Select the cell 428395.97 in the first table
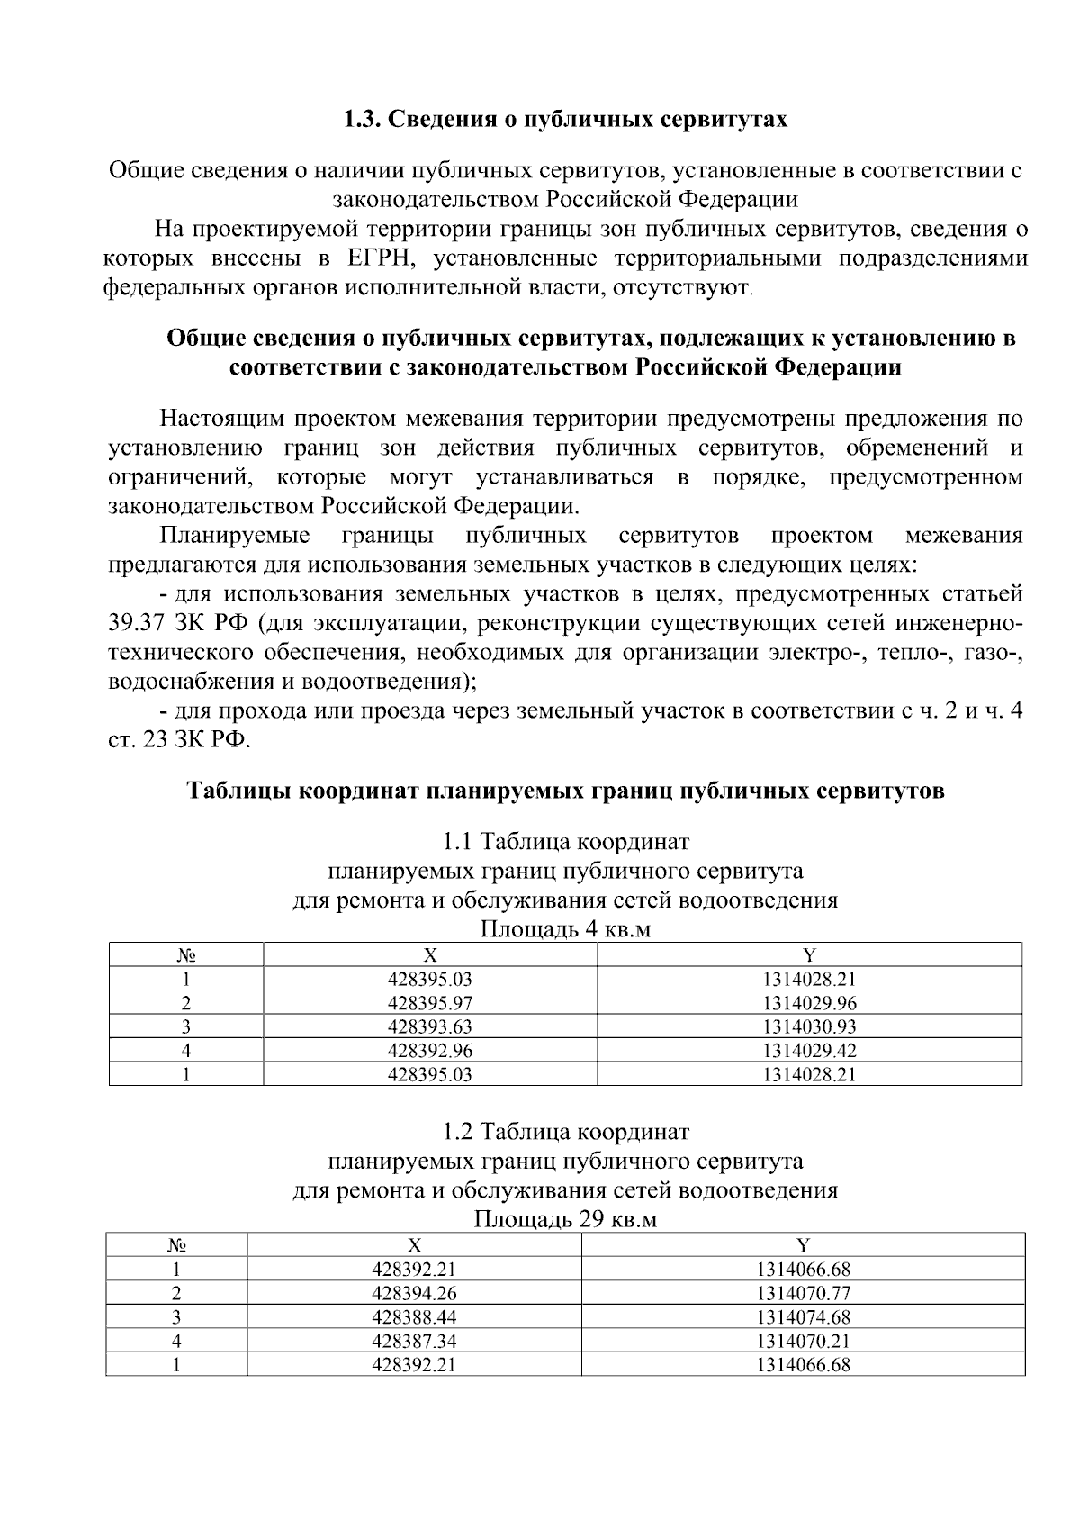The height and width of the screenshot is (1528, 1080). click(x=429, y=1003)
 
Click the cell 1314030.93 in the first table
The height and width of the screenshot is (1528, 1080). click(x=809, y=1026)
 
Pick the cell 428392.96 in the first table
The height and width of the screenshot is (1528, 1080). click(x=429, y=1050)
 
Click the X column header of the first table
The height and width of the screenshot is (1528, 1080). click(x=430, y=955)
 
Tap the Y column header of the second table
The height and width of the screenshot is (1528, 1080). click(x=803, y=1245)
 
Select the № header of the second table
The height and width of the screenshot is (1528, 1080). click(x=176, y=1245)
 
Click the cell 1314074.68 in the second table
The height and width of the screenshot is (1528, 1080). click(x=803, y=1317)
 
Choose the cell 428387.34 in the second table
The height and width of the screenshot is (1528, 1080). click(x=414, y=1341)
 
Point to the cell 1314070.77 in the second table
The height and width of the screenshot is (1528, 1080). click(x=803, y=1294)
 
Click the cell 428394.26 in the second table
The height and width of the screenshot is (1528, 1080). click(x=414, y=1294)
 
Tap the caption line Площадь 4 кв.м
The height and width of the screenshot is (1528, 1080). click(x=565, y=929)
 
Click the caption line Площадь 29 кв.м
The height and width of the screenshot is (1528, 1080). click(x=565, y=1219)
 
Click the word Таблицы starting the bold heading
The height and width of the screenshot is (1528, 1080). click(x=238, y=791)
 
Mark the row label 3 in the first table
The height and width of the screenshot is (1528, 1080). click(x=186, y=1026)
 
